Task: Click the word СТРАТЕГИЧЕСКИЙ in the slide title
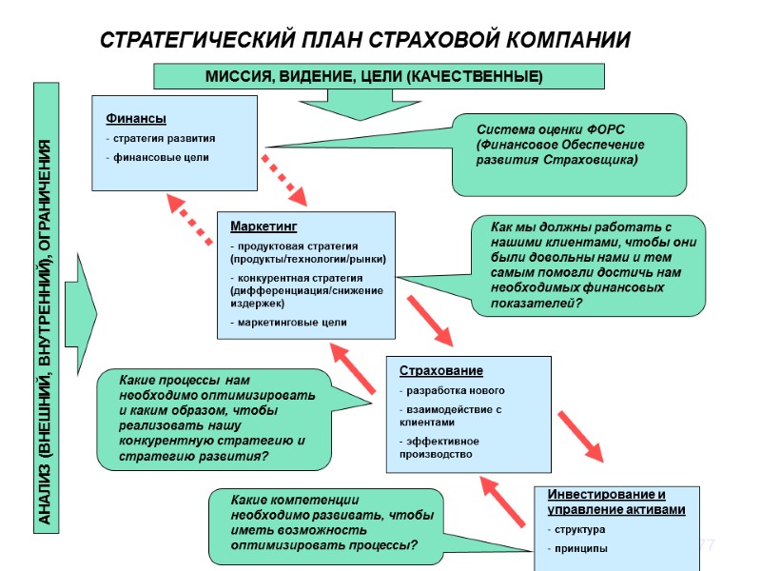(192, 41)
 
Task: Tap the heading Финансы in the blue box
(135, 119)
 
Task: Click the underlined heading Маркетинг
(263, 226)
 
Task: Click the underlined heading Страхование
(440, 370)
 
